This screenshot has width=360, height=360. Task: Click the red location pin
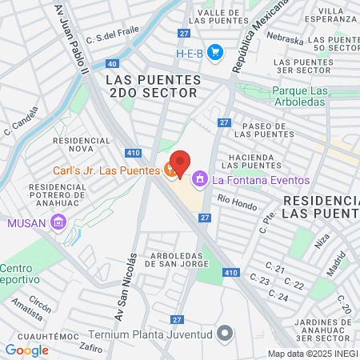tap(180, 163)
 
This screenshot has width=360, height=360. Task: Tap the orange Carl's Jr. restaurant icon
tap(170, 170)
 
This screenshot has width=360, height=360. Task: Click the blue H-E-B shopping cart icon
tap(214, 53)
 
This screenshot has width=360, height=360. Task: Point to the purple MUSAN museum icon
tap(58, 222)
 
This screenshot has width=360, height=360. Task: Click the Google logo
tap(26, 350)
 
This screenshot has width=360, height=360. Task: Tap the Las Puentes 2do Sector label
tap(150, 86)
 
